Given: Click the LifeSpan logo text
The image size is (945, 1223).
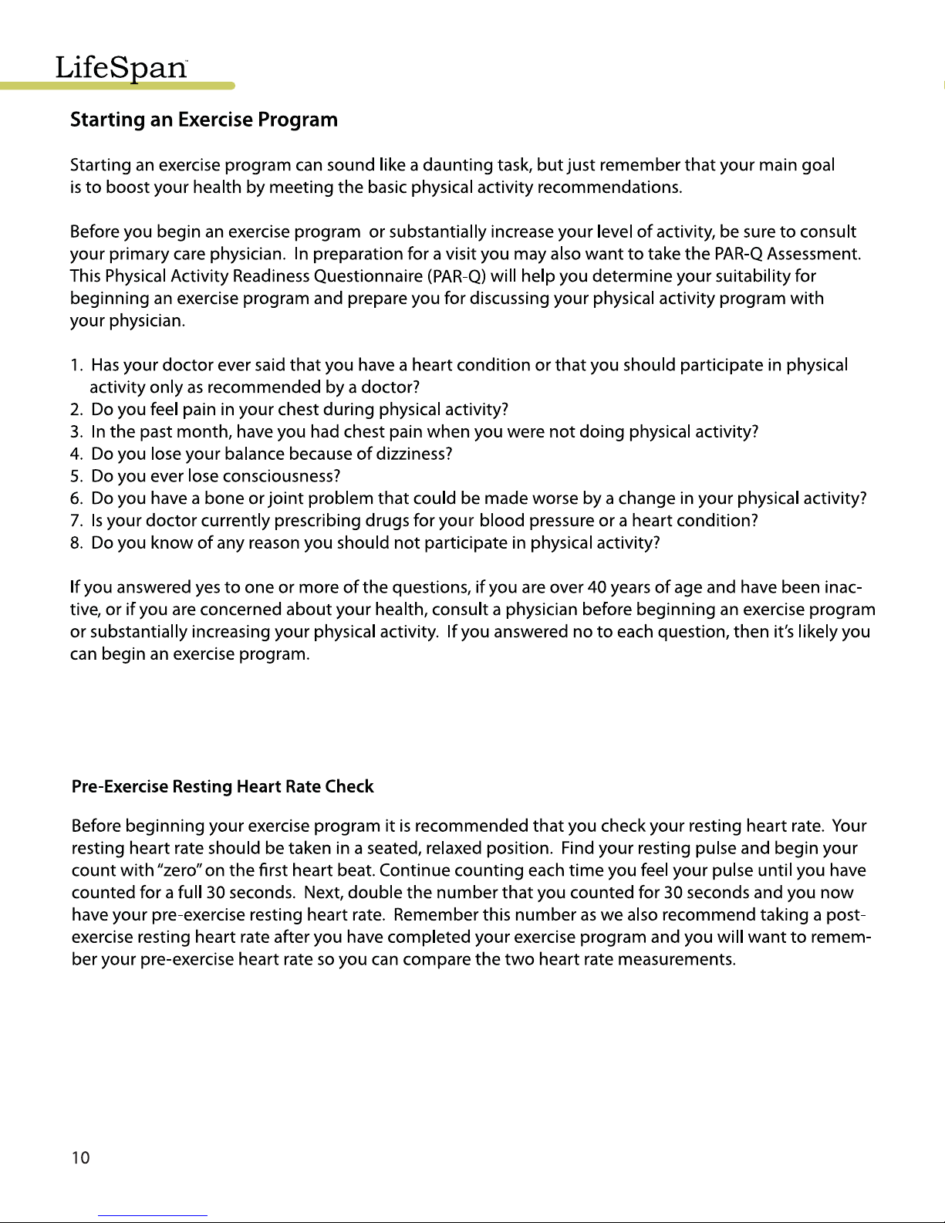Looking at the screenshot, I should coord(121,68).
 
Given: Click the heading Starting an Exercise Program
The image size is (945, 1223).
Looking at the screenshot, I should coord(204,120).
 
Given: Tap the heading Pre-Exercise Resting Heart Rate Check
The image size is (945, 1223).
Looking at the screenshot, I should coord(222,787).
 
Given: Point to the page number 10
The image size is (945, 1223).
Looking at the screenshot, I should coord(80,1157).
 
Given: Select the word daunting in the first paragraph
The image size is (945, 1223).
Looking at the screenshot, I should coord(460,166).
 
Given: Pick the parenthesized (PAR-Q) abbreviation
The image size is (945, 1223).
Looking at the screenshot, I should coord(455,276).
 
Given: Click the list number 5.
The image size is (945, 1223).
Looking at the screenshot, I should coord(76,476).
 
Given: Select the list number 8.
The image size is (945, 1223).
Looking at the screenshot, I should coord(76,543).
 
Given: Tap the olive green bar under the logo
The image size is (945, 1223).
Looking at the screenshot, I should coord(116,86).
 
